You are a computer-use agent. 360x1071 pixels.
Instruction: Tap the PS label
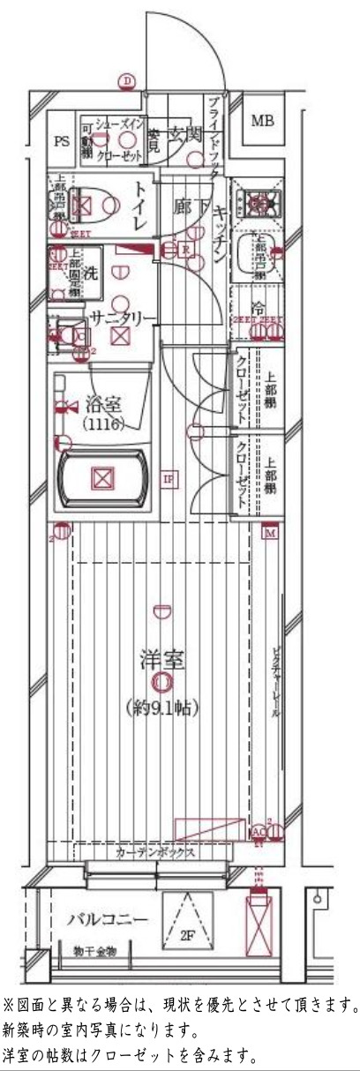point(61,140)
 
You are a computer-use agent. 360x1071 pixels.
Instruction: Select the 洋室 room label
point(161,659)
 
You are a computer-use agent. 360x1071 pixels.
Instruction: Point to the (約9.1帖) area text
point(161,707)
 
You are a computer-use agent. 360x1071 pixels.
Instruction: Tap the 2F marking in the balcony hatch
point(186,932)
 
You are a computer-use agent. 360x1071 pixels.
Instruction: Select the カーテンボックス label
point(154,853)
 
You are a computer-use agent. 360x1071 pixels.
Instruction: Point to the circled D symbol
point(129,82)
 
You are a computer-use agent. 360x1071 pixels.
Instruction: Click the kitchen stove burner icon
point(257,202)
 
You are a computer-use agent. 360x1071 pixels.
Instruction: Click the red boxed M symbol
point(270,532)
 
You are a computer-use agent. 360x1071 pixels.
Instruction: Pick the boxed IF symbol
point(169,479)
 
